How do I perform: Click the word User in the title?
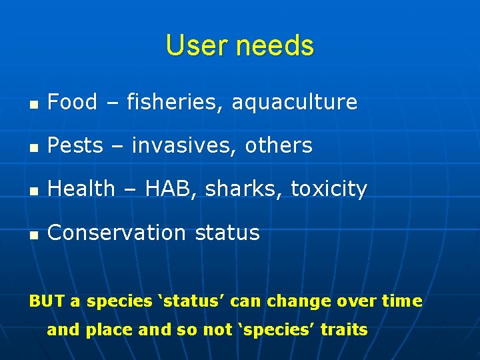(x=193, y=46)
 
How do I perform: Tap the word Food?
(x=73, y=102)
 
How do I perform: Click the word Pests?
(x=75, y=145)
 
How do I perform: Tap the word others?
(x=279, y=145)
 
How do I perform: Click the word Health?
(x=81, y=189)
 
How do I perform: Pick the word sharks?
(x=245, y=189)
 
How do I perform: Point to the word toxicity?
(x=329, y=190)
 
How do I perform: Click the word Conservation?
(x=117, y=233)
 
